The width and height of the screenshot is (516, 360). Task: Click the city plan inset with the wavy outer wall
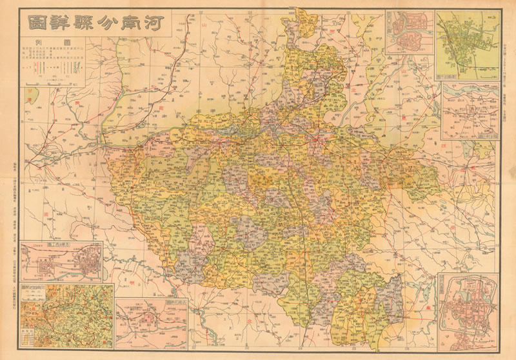coord(469,312)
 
